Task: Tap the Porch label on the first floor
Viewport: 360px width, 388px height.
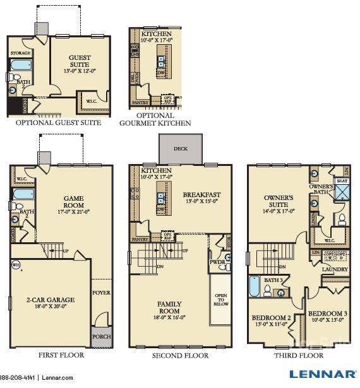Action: click(x=101, y=336)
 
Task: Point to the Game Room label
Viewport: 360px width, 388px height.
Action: click(x=73, y=202)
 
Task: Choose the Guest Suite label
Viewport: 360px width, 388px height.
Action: click(x=80, y=61)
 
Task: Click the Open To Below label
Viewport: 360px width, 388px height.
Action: click(x=220, y=300)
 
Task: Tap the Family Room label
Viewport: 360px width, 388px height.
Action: click(x=169, y=307)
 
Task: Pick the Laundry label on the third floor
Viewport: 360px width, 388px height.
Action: click(x=335, y=269)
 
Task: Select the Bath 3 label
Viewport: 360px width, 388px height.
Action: click(x=273, y=280)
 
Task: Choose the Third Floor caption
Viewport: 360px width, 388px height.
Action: click(x=299, y=356)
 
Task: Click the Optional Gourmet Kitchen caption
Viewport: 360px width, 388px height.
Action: click(x=155, y=119)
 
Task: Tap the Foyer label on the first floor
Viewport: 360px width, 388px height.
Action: click(x=101, y=292)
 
